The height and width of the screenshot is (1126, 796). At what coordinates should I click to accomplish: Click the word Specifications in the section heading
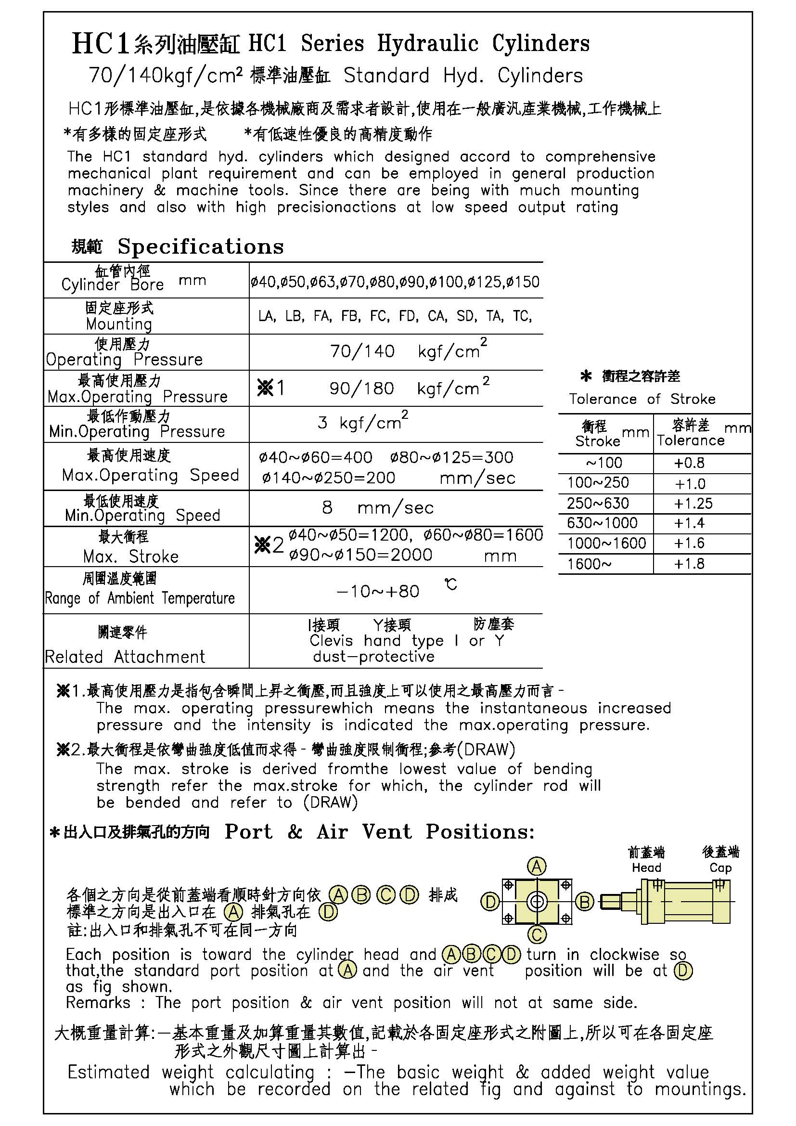pos(201,246)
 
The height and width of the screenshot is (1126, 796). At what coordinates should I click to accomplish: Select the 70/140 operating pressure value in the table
pos(362,351)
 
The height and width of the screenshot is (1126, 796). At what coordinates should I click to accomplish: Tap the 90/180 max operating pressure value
pos(362,388)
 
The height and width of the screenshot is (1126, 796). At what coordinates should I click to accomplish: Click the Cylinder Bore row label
pos(112,285)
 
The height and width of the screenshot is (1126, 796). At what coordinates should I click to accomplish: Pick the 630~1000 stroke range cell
pos(602,523)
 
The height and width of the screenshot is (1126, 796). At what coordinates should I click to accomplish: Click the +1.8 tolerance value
pos(689,564)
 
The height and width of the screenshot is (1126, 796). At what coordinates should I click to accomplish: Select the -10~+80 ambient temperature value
pos(378,591)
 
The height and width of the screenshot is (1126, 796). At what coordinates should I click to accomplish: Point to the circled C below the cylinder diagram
pos(537,934)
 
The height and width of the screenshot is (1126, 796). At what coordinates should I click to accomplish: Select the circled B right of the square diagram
pos(584,902)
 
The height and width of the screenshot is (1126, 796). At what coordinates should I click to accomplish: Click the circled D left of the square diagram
pos(489,902)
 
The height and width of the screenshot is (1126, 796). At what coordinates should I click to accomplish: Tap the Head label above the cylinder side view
pos(646,867)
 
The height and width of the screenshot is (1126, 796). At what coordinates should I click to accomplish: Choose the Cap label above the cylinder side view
pos(720,867)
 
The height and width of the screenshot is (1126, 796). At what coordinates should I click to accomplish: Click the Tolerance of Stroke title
pos(642,399)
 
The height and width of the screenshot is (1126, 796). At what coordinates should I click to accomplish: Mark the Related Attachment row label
pos(125,657)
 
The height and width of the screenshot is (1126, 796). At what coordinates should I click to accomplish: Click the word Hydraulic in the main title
pos(427,44)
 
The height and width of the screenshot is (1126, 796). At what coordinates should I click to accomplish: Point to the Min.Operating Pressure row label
pos(137,431)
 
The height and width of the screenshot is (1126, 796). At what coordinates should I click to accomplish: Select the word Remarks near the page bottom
pos(98,1003)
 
